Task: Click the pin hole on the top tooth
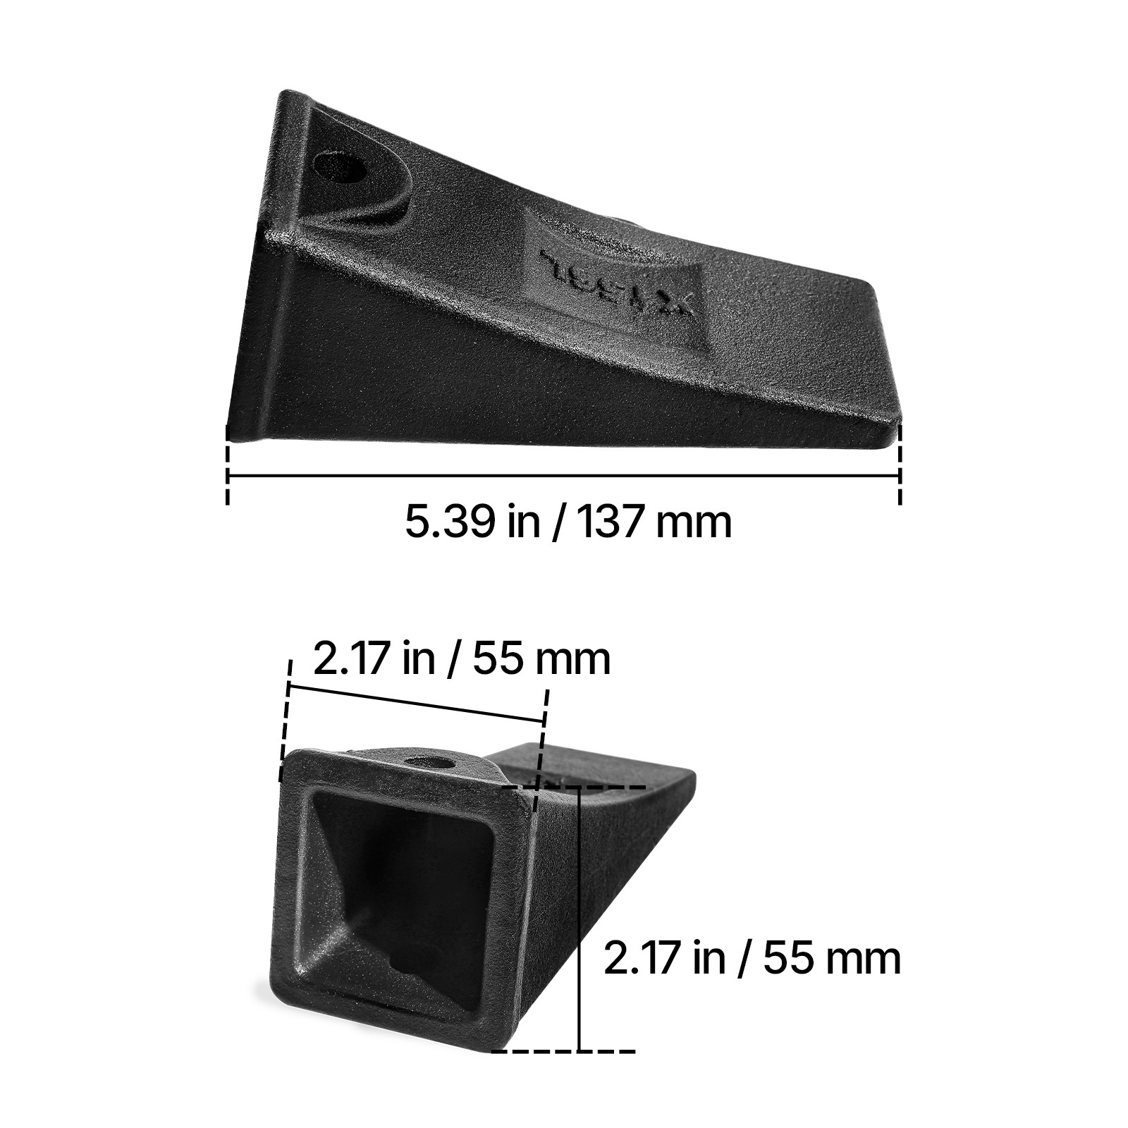coord(340,168)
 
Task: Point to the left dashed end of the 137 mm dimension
coord(227,465)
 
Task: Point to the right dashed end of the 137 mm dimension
coord(900,465)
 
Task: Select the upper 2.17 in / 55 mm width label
coord(461,659)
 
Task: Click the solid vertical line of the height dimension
coord(579,916)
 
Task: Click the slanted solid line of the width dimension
coord(416,703)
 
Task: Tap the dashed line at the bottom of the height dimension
coord(564,1051)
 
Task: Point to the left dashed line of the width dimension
coord(285,719)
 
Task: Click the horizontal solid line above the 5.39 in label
coord(564,477)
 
